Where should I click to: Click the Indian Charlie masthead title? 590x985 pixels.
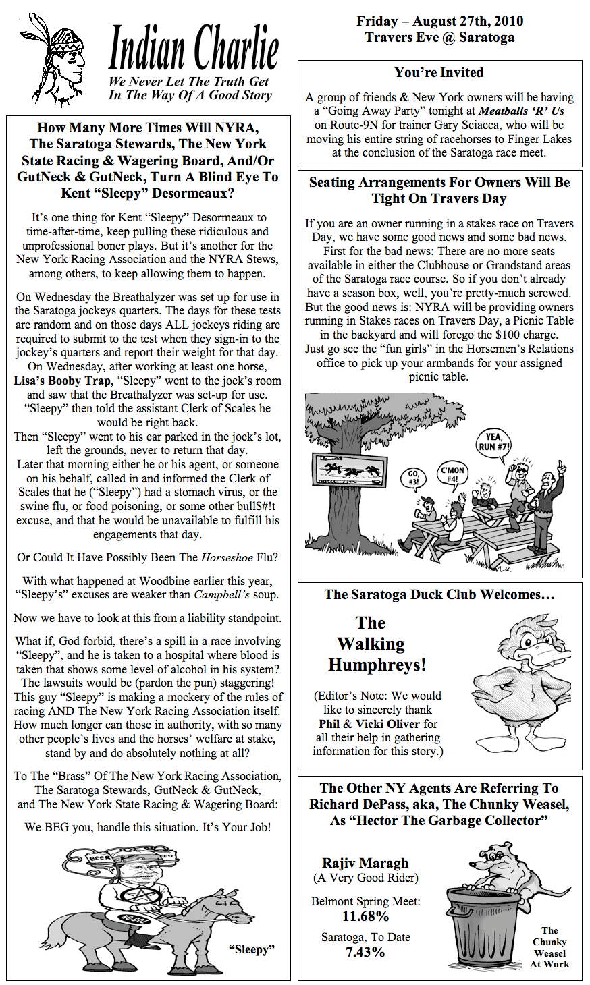pos(193,49)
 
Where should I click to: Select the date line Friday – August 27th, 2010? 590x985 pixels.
pos(439,22)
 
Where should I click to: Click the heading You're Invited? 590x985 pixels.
pos(439,73)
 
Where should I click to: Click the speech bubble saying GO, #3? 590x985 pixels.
pos(413,478)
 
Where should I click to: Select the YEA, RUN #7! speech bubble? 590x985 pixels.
pos(494,442)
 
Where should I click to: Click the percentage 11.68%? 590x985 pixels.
pos(365,916)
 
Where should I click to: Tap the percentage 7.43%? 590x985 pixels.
pos(365,952)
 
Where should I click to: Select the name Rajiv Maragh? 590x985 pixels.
pos(365,863)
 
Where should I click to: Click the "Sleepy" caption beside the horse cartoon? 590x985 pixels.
pos(252,949)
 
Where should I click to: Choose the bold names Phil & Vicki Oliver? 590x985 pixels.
pos(369,724)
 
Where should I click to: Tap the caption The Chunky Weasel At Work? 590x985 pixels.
pos(549,947)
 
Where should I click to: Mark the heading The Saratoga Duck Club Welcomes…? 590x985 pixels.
pos(439,595)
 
